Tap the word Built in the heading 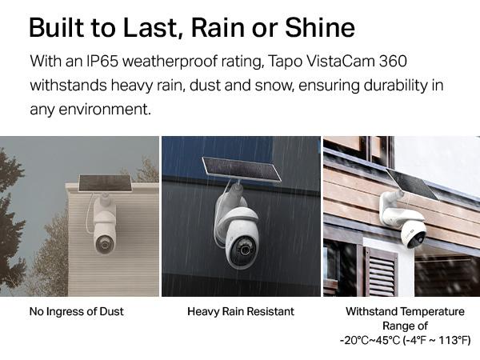coord(57,28)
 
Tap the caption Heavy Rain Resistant coord(240,310)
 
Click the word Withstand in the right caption coord(371,310)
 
